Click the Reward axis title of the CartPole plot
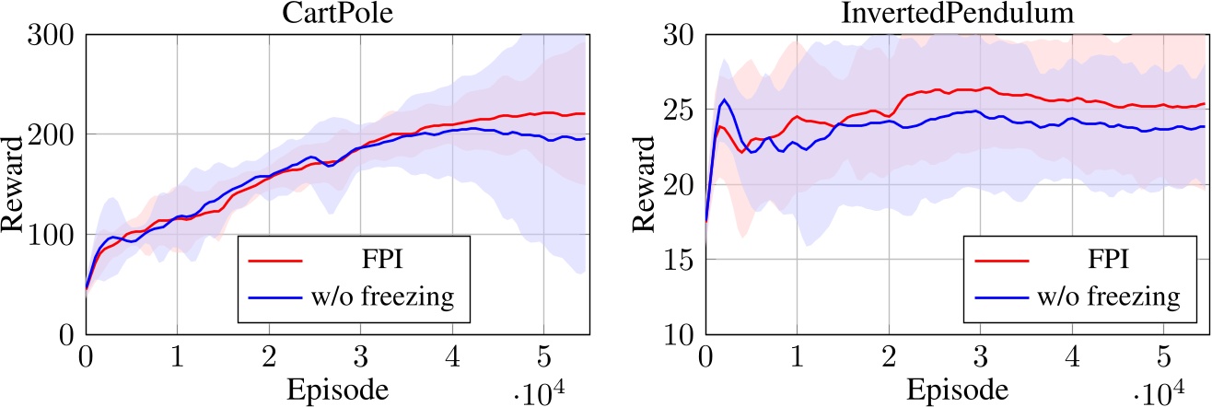pyautogui.click(x=16, y=184)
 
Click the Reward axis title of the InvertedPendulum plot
pyautogui.click(x=641, y=184)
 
